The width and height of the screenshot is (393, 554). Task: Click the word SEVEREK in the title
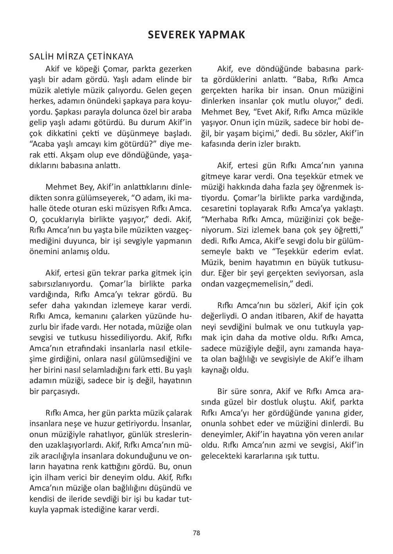[x=171, y=35]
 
